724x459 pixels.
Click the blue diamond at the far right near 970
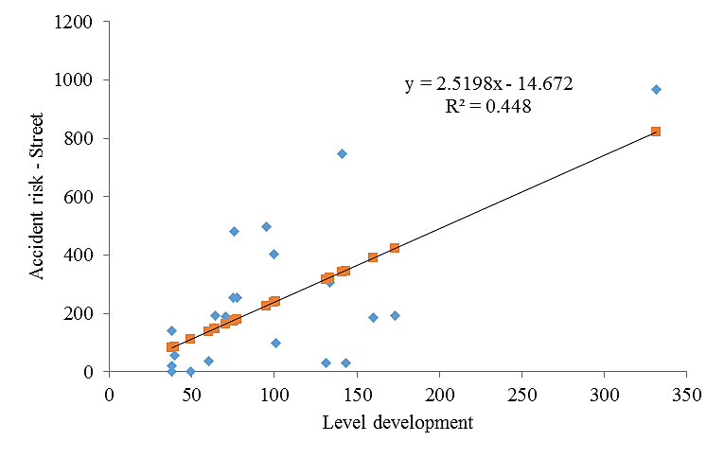(656, 90)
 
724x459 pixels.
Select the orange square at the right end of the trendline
(656, 132)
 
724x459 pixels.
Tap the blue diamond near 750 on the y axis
(342, 153)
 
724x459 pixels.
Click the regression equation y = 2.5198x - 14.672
(488, 85)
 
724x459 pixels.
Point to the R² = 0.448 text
(488, 107)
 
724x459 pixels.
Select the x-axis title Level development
(397, 422)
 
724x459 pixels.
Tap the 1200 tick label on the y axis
(80, 22)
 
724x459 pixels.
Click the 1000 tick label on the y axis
(80, 80)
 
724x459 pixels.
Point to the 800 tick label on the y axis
(84, 139)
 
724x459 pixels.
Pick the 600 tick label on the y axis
(84, 197)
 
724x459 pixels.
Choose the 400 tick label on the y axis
(84, 256)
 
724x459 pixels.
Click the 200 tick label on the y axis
(84, 314)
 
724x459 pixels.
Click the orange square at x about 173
(395, 248)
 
